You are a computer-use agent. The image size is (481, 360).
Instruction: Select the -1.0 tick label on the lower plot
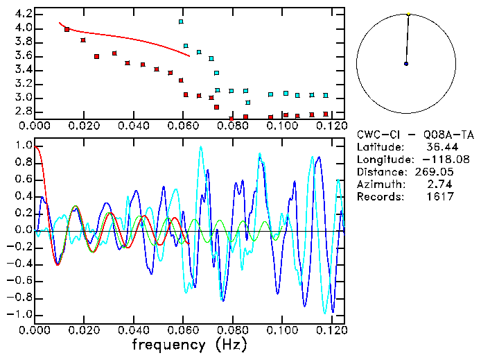pos(20,314)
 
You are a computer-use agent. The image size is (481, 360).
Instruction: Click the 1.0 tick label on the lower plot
pos(23,146)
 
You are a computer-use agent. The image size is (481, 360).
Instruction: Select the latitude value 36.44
pos(441,147)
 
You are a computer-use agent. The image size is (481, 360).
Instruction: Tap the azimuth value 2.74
pos(444,185)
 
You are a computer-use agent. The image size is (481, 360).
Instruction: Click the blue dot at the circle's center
pos(405,64)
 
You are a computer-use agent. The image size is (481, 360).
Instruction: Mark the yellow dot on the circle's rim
pos(408,14)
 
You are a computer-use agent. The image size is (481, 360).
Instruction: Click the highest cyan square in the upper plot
pos(181,22)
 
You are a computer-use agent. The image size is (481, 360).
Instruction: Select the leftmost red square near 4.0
pos(67,29)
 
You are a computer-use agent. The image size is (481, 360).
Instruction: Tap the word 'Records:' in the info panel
pos(380,197)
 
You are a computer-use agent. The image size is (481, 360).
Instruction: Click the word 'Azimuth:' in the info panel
pos(380,185)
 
